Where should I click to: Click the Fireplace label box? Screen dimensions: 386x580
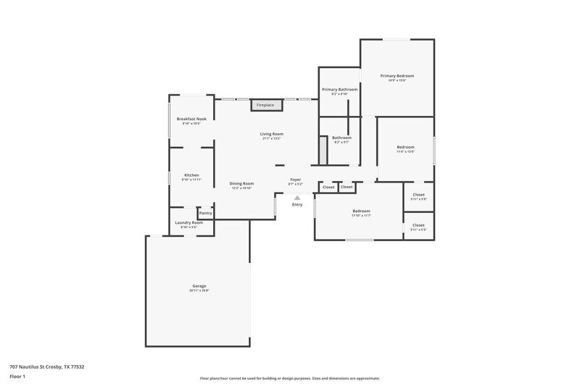click(265, 105)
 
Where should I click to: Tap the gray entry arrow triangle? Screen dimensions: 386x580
click(297, 197)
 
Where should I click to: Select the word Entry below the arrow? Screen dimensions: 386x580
click(297, 205)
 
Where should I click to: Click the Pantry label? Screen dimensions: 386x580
click(206, 213)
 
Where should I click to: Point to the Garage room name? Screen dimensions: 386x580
click(199, 286)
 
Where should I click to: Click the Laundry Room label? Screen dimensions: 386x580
click(188, 222)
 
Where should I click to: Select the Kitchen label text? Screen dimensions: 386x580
click(191, 175)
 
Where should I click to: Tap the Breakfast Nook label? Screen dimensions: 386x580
click(191, 119)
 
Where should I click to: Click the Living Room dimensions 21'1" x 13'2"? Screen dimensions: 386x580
click(272, 138)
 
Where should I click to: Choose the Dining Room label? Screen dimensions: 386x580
click(242, 183)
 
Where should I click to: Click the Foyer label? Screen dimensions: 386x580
click(296, 179)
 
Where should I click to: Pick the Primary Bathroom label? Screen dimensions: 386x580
click(339, 89)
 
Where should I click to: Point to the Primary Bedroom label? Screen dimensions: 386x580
click(397, 75)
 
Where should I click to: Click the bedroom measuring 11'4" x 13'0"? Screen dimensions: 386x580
click(405, 147)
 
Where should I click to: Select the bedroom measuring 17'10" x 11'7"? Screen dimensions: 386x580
click(361, 211)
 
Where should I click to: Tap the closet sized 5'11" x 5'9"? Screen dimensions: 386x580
click(418, 195)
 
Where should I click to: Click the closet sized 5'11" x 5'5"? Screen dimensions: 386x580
click(418, 225)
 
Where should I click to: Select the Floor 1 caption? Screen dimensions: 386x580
click(17, 377)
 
